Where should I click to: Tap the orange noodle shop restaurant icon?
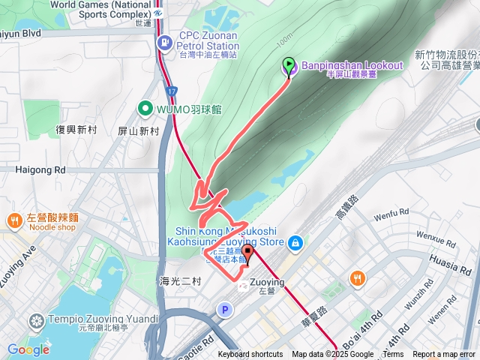point(14,221)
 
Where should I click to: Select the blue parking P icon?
point(223,309)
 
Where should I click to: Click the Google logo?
point(28,349)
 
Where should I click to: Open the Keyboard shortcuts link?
point(250,355)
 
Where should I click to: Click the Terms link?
point(393,355)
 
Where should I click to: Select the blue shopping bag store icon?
point(296,242)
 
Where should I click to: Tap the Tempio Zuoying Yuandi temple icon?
point(34,322)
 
